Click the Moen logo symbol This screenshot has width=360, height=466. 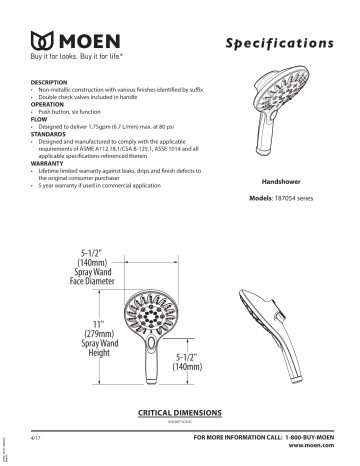point(44,44)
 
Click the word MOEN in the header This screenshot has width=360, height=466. point(88,44)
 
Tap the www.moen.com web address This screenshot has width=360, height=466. point(320,449)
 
